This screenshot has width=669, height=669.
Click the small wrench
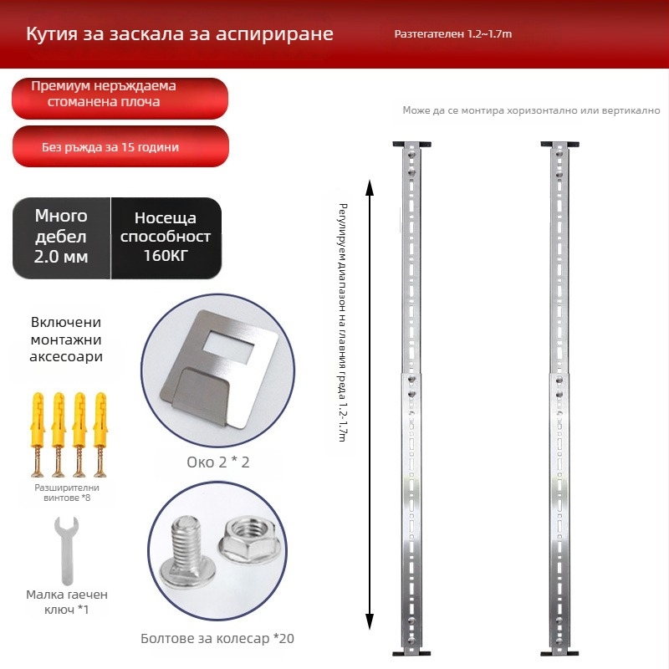(67, 550)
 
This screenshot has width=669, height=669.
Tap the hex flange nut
(248, 541)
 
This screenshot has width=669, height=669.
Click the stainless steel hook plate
(217, 369)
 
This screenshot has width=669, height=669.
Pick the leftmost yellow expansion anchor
(38, 434)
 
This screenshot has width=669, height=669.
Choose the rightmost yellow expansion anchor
(100, 434)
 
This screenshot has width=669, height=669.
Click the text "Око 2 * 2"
(218, 462)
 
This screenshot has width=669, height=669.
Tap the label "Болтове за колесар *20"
(217, 638)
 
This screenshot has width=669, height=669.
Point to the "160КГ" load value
(166, 256)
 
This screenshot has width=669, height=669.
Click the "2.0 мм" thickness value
(61, 257)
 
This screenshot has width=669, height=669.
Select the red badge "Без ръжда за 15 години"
(120, 146)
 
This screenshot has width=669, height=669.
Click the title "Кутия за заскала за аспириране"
(180, 33)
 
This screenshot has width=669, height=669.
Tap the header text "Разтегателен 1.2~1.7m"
(453, 34)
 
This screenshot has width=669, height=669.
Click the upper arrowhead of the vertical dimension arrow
(370, 186)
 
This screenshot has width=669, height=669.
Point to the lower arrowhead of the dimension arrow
(370, 621)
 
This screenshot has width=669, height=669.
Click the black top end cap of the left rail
(411, 145)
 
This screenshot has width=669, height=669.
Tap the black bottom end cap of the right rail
(559, 653)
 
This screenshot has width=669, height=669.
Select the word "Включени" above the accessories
(66, 322)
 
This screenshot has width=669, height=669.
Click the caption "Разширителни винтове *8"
(67, 493)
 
